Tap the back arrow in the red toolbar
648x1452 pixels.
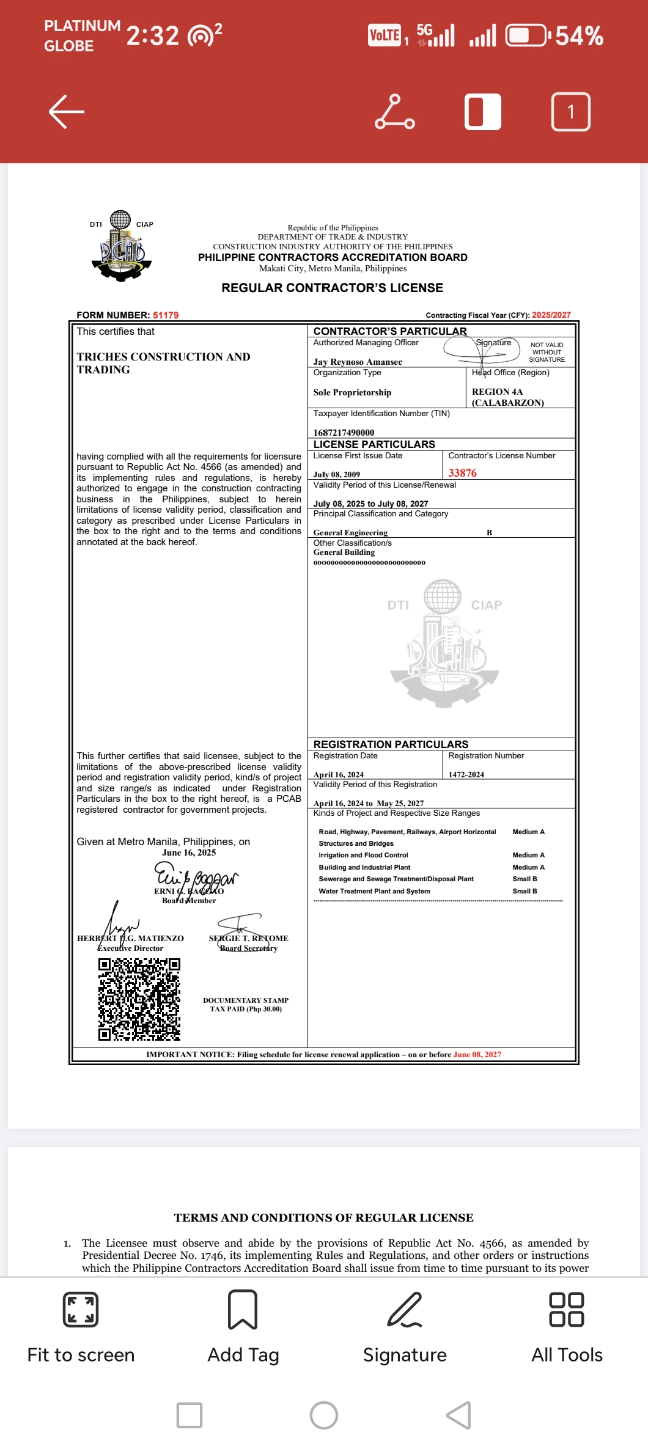click(x=66, y=111)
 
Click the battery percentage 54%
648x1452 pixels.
click(x=579, y=36)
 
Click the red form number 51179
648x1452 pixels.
click(x=166, y=315)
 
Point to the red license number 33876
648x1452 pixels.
click(x=462, y=473)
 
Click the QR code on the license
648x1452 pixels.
click(x=139, y=999)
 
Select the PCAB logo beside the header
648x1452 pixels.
click(x=122, y=246)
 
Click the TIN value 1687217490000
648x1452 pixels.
click(x=344, y=433)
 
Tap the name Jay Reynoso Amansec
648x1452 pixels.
click(x=358, y=362)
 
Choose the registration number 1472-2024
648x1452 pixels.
click(x=466, y=774)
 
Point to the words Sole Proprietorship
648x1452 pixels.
click(x=352, y=392)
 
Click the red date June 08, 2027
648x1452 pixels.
click(x=477, y=1054)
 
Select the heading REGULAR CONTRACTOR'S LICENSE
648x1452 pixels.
click(x=332, y=288)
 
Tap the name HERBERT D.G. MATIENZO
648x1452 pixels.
click(x=130, y=938)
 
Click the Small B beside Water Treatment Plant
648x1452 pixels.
click(x=525, y=891)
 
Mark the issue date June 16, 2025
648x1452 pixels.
click(x=189, y=853)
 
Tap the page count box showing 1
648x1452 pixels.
click(x=571, y=112)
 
